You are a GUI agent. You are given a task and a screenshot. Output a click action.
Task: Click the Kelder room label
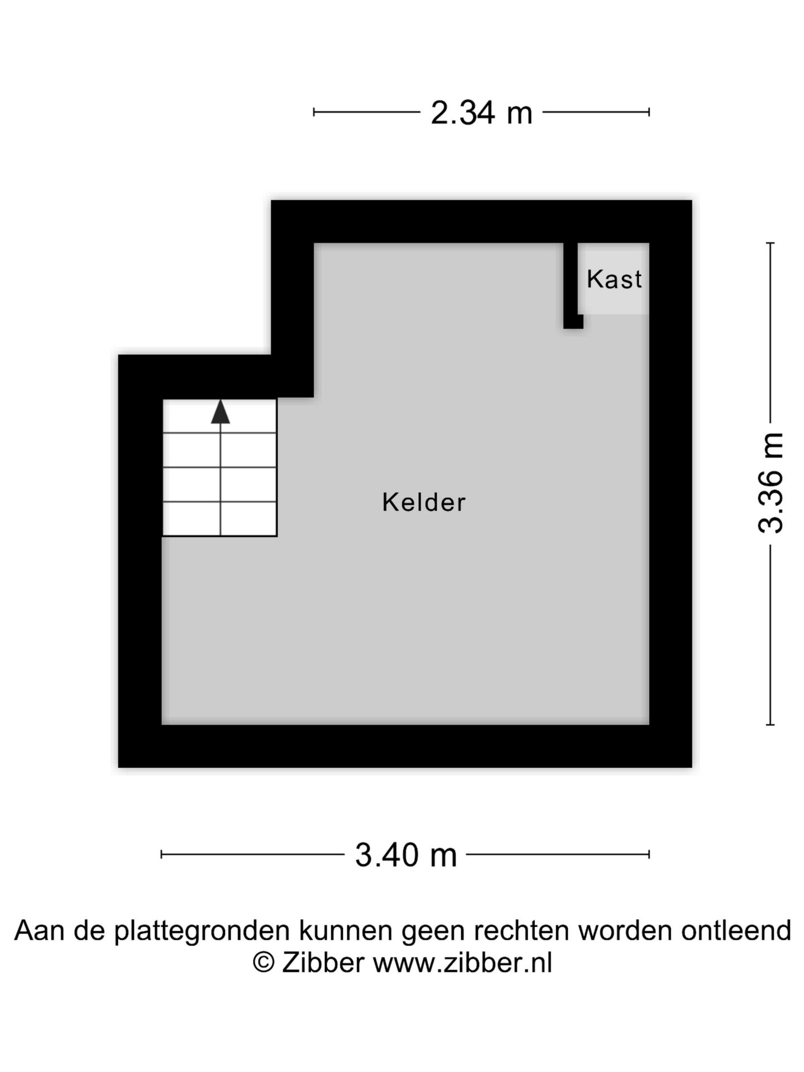[424, 502]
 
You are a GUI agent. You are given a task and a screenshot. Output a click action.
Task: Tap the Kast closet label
[614, 279]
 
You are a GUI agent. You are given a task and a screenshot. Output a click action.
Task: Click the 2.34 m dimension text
[481, 113]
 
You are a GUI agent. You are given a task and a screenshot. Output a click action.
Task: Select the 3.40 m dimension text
[406, 855]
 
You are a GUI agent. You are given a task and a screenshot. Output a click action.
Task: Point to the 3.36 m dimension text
[771, 483]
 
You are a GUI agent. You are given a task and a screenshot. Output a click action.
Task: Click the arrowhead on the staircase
[221, 411]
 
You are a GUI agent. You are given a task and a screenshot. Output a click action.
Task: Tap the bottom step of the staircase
[219, 519]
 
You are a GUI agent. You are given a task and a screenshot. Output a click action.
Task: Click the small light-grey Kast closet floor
[614, 278]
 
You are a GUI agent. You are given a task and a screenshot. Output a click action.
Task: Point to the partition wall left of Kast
[571, 285]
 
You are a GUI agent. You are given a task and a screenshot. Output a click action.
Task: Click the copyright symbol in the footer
[264, 963]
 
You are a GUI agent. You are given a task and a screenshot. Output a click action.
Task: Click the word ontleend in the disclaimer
[736, 930]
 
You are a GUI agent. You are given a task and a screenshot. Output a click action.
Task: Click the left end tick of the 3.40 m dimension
[161, 854]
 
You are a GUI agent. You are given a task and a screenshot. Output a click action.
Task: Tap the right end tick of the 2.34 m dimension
[649, 112]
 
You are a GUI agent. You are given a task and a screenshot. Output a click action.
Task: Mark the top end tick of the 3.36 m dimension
[770, 243]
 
